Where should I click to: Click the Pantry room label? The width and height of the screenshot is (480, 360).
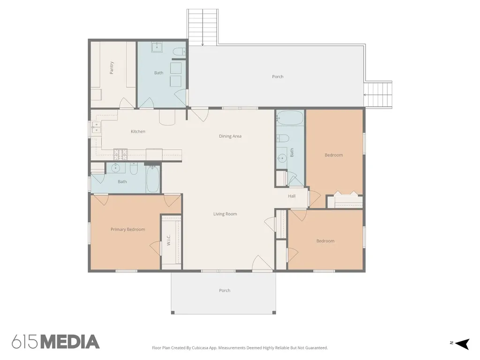point(112,67)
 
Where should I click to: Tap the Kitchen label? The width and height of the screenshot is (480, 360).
point(138,131)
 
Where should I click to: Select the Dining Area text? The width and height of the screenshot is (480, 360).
point(230,136)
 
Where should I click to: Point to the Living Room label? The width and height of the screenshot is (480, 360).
point(225,214)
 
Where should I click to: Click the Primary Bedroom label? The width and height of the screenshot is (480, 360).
point(127,229)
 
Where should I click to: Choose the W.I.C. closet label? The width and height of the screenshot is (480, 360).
point(169,240)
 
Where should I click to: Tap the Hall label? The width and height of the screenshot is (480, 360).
point(292,196)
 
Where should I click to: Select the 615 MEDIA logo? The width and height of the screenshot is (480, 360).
point(56,342)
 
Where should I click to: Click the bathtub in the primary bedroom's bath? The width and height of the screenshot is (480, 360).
point(153,180)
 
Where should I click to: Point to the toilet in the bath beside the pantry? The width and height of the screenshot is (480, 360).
point(179,51)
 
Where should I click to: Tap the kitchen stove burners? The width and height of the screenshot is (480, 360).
point(120,154)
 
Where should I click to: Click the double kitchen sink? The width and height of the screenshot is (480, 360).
point(96,127)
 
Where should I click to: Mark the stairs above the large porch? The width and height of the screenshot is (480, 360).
point(202,27)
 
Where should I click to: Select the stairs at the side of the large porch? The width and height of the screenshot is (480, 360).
point(378,95)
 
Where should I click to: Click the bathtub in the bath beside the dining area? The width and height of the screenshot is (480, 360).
point(290,118)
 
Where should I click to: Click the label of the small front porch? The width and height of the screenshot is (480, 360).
point(225,291)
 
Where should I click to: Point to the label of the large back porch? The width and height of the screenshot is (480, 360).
point(277,76)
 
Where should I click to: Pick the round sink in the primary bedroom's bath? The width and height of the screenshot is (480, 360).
point(115,168)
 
